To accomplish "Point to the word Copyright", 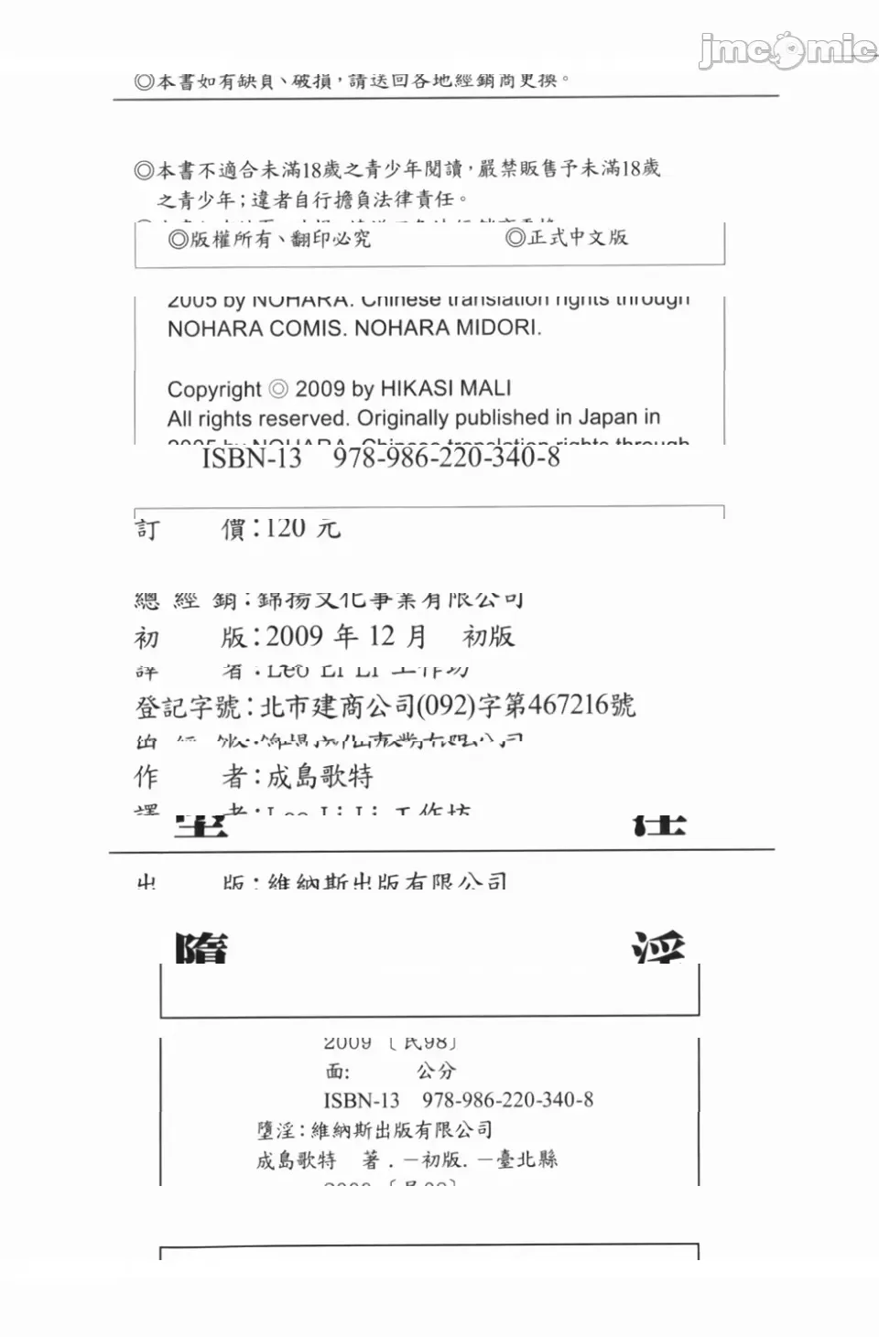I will pyautogui.click(x=214, y=390).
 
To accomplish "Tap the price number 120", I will pyautogui.click(x=286, y=528).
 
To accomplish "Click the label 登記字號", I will pyautogui.click(x=188, y=706).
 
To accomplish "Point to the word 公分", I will pyautogui.click(x=436, y=1071).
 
